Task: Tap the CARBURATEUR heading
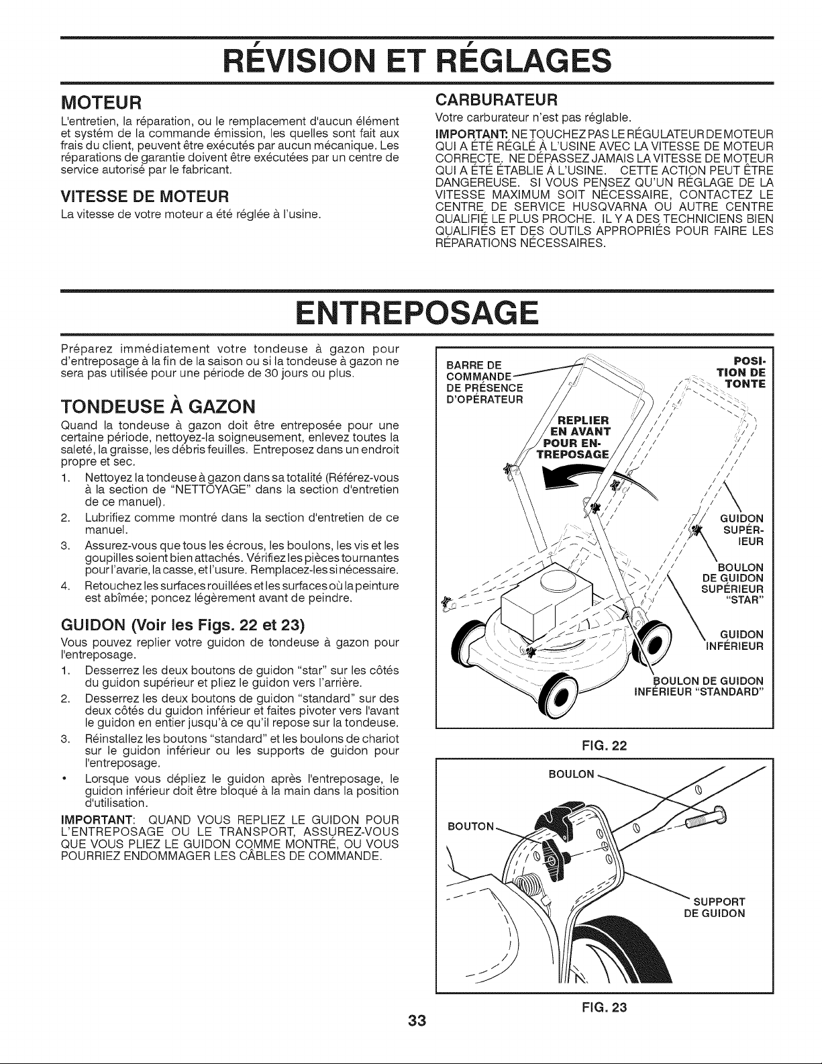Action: (x=496, y=100)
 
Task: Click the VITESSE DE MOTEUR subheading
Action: (x=145, y=197)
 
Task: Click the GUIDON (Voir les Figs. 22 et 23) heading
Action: (x=183, y=625)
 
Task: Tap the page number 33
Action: (x=417, y=1021)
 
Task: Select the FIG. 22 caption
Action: (x=605, y=746)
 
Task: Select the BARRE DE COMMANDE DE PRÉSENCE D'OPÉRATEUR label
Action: (x=485, y=383)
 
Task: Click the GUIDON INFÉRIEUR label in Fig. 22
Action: (x=735, y=640)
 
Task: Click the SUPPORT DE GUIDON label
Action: (x=715, y=908)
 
